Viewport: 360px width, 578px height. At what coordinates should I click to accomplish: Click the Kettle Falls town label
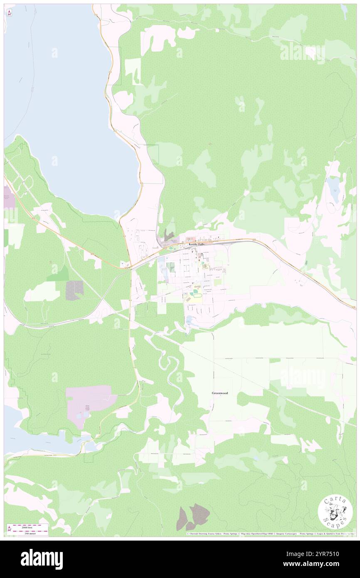(x=197, y=244)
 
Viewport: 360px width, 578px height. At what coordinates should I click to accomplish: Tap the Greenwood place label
(x=219, y=393)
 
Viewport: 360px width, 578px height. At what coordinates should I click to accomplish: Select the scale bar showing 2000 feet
(x=27, y=526)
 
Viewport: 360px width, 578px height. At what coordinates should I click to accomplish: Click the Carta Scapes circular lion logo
(x=335, y=513)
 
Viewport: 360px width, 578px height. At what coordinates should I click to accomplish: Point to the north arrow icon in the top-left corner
(x=10, y=12)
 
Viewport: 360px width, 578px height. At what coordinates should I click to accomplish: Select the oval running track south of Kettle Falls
(x=195, y=294)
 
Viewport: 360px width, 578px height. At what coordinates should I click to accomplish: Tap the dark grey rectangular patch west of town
(x=74, y=290)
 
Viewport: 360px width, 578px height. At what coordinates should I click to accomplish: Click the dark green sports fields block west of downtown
(x=170, y=267)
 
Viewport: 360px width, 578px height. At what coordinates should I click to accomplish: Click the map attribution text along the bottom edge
(x=270, y=534)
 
